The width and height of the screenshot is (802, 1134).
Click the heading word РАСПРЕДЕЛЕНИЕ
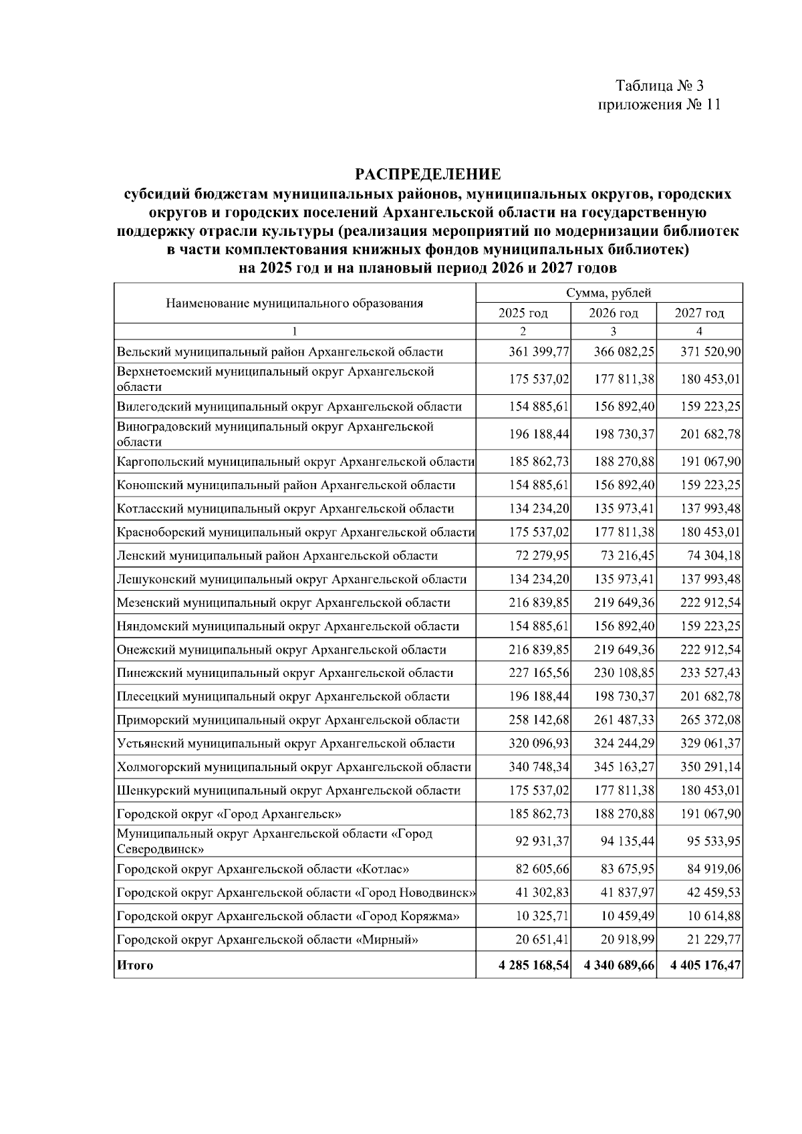[x=428, y=175]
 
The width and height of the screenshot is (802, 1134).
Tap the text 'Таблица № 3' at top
[x=659, y=86]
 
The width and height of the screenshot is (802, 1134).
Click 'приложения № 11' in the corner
[x=659, y=105]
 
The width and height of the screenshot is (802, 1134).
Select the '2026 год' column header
[x=613, y=313]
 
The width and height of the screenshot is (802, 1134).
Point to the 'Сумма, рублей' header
[x=608, y=293]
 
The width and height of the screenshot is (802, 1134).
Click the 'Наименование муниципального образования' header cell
[x=294, y=303]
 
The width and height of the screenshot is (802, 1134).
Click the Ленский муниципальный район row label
[x=277, y=556]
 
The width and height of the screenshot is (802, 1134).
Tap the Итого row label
[x=135, y=965]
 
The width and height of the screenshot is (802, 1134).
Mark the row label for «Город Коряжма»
[x=287, y=916]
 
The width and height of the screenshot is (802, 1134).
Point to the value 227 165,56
[x=539, y=673]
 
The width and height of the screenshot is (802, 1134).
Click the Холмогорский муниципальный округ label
[x=293, y=767]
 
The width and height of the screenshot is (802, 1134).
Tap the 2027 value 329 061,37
[x=710, y=744]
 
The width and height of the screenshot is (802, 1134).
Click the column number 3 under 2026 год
[x=613, y=331]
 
